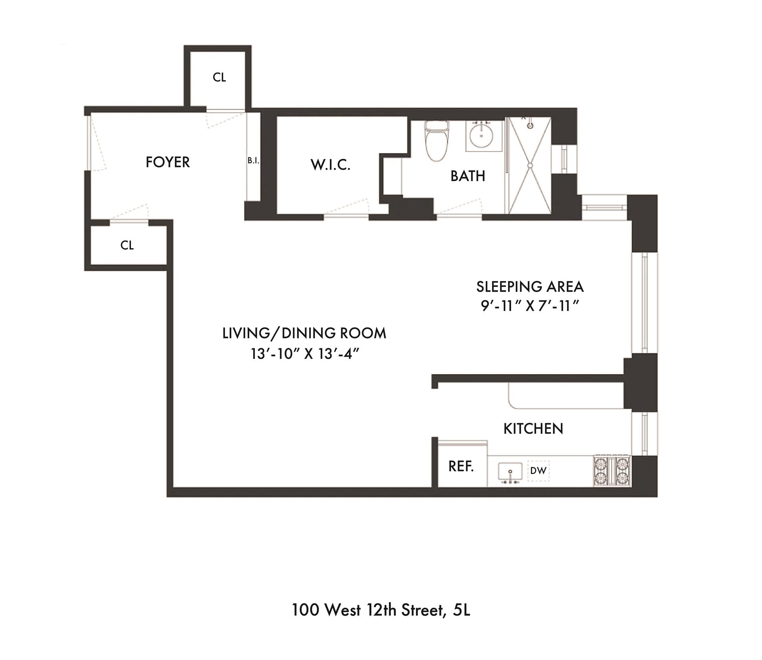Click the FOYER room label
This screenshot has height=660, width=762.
[x=167, y=162]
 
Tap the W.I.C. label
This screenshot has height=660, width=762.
[x=331, y=165]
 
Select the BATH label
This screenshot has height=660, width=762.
[x=468, y=176]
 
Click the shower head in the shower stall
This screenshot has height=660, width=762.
[x=529, y=125]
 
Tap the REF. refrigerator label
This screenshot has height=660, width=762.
[x=461, y=467]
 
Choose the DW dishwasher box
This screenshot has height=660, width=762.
[x=539, y=471]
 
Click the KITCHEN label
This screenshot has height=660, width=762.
[x=533, y=429]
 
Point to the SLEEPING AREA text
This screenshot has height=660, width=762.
[x=530, y=286]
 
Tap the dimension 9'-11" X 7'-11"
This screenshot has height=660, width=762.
[x=530, y=306]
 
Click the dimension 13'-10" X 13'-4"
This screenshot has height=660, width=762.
[x=305, y=354]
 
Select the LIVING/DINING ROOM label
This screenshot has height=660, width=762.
[x=304, y=333]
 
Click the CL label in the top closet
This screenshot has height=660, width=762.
[x=219, y=77]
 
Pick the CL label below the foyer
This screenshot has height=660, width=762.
[x=127, y=245]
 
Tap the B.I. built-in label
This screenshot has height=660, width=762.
[x=253, y=161]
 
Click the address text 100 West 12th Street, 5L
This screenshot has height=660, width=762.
[x=381, y=610]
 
